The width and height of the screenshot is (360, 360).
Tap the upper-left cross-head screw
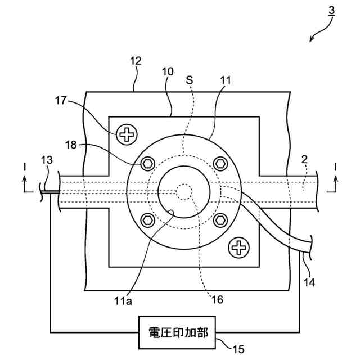pyautogui.click(x=127, y=134)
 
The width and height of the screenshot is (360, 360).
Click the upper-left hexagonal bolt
pyautogui.click(x=148, y=163)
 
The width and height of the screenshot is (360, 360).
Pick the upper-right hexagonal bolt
pyautogui.click(x=220, y=163)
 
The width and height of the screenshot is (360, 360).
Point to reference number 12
pyautogui.click(x=136, y=60)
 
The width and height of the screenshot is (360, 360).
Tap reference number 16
pyautogui.click(x=216, y=299)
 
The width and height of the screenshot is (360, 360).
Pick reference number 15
pyautogui.click(x=238, y=349)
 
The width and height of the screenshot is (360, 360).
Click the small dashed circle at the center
pyautogui.click(x=184, y=191)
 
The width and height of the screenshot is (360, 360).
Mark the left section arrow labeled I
pyautogui.click(x=24, y=180)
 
